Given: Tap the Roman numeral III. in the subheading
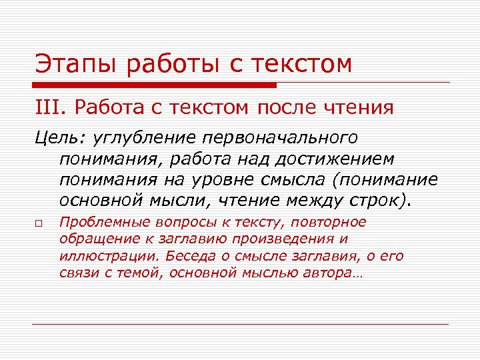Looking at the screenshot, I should click(x=51, y=107).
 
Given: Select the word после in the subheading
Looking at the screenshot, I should click(x=291, y=107).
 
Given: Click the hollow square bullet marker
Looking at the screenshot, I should click(x=40, y=224).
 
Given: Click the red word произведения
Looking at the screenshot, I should click(x=293, y=239).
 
